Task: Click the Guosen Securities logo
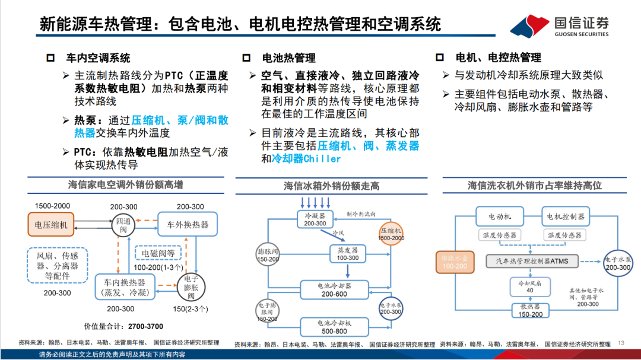(x=559, y=26)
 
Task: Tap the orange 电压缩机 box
(x=52, y=225)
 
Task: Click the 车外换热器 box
(x=187, y=225)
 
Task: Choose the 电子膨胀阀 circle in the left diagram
(x=191, y=287)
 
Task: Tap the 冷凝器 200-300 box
(x=315, y=219)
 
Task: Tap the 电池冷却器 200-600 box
(x=334, y=289)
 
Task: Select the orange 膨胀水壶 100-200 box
(x=455, y=262)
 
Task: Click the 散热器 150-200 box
(x=529, y=310)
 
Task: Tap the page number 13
(x=621, y=343)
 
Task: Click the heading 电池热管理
(x=288, y=58)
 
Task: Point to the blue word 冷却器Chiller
(x=306, y=159)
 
